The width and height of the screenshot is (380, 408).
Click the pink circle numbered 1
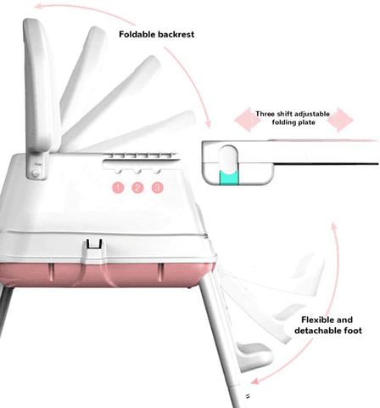point(118,188)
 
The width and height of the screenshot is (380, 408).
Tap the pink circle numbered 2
point(137,188)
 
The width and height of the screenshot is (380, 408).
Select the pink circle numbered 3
point(158,188)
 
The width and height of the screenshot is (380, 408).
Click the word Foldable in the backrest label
point(137,34)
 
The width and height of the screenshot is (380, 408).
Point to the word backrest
point(176,35)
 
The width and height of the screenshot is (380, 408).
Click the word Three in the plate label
point(265,114)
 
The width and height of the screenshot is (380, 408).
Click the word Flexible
point(316,320)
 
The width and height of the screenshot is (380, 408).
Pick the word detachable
point(318,331)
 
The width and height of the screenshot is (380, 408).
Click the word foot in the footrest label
point(353,331)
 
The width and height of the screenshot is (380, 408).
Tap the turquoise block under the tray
point(229,178)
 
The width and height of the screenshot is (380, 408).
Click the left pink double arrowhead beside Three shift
point(248,120)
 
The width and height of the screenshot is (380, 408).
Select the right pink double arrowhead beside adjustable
point(340,120)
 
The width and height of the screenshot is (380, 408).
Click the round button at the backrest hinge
point(36,173)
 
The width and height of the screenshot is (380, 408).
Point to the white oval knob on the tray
point(228,158)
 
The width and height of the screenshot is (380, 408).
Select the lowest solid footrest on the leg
point(254,356)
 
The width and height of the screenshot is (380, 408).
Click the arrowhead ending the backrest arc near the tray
point(208,124)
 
